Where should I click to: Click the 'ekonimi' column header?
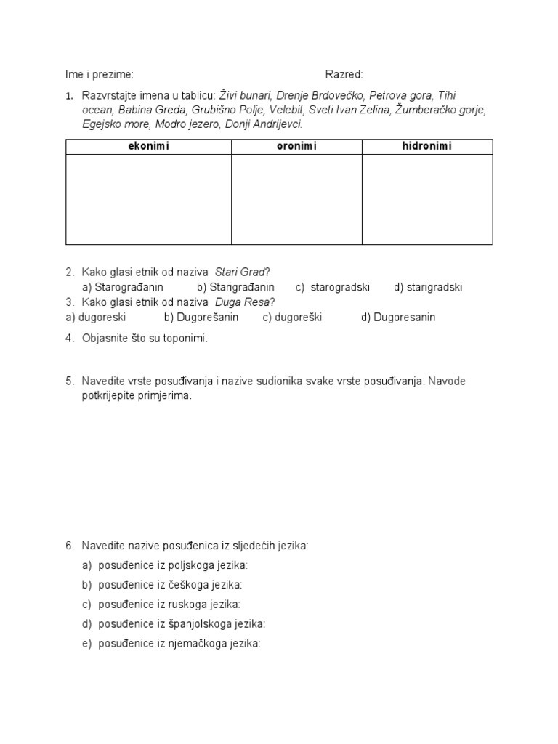point(148,147)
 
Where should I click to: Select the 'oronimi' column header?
point(296,147)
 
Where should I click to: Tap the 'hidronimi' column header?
point(426,147)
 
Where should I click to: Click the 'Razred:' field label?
point(344,75)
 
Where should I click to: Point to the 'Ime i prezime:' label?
point(100,75)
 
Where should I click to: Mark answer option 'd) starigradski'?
point(428,287)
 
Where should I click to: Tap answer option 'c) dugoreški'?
point(292,318)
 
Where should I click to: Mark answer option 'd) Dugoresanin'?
point(398,318)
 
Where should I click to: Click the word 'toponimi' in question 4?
point(186,339)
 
